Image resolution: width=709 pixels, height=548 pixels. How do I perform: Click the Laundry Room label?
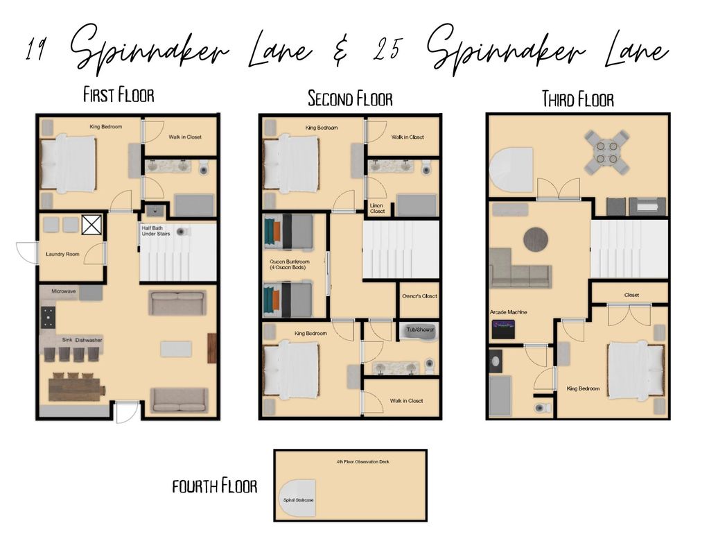(62, 255)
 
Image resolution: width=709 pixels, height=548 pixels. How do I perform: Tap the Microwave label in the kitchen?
(64, 291)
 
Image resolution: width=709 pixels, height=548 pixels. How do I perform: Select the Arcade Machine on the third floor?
(503, 329)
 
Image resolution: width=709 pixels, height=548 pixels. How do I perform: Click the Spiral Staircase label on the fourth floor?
(299, 500)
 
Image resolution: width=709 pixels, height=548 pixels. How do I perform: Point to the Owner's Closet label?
(419, 296)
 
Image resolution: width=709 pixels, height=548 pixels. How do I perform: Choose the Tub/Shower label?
(420, 329)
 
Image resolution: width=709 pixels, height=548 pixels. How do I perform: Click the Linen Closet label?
(377, 208)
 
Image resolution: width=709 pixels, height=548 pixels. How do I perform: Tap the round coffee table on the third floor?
(536, 239)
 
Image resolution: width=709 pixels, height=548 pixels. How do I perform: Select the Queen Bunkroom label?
(290, 264)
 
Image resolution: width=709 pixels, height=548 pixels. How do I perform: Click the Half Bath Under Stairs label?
(156, 231)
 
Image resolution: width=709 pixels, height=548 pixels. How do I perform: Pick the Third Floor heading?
(578, 99)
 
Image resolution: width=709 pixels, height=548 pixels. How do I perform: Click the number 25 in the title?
(387, 49)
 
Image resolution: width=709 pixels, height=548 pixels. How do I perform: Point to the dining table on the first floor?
(76, 388)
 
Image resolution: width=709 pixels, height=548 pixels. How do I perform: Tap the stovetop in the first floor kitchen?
(48, 317)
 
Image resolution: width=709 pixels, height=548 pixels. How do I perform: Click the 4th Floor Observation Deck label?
(363, 462)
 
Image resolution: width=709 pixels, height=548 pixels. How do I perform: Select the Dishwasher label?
(89, 340)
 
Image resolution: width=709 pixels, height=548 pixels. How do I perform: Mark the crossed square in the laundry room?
(91, 225)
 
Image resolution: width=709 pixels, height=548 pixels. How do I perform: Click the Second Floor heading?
(350, 99)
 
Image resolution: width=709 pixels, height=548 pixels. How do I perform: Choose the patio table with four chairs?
(607, 153)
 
